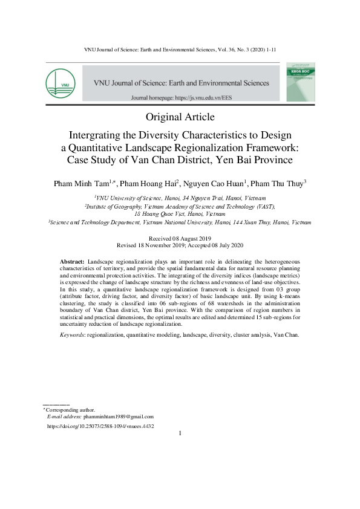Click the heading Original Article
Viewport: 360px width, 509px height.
[x=180, y=117]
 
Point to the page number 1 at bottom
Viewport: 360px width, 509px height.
[x=180, y=433]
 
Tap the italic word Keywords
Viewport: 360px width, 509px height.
[x=72, y=334]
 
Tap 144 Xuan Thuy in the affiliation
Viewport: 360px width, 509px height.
[x=242, y=222]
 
